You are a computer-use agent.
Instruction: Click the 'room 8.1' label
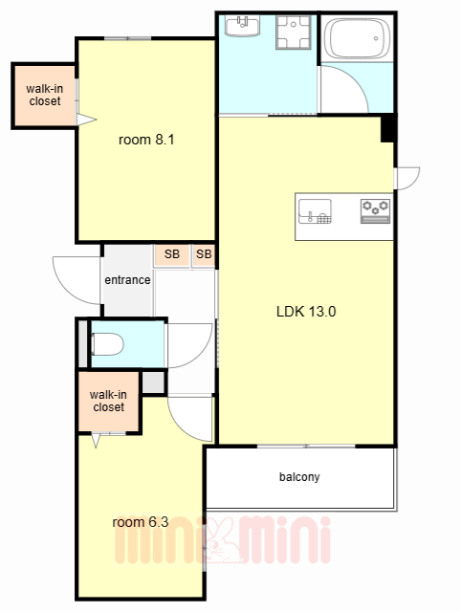pos(146,140)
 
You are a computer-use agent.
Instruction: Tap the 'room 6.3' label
pos(141,522)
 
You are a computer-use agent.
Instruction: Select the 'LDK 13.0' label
pos(306,312)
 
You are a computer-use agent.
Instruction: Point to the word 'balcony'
pos(299,477)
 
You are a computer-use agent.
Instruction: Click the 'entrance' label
pos(127,280)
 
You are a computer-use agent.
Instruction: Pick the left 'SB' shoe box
pos(172,254)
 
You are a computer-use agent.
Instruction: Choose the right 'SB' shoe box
pos(204,254)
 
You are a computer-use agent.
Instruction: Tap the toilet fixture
pos(107,344)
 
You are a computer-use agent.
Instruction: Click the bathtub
pos(357,38)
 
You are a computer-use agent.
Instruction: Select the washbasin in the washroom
pos(242,26)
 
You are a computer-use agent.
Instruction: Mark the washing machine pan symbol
pos(294,33)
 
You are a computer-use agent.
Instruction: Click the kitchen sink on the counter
pos(315,211)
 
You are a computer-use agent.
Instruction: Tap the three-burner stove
pos(375,211)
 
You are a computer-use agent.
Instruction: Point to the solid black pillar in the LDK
pos(387,128)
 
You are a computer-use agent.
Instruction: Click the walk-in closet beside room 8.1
pos(45,96)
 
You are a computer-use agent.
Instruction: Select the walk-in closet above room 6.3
pos(108,402)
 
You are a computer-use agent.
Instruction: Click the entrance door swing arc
pos(67,289)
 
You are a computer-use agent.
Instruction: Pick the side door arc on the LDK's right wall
pos(414,183)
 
